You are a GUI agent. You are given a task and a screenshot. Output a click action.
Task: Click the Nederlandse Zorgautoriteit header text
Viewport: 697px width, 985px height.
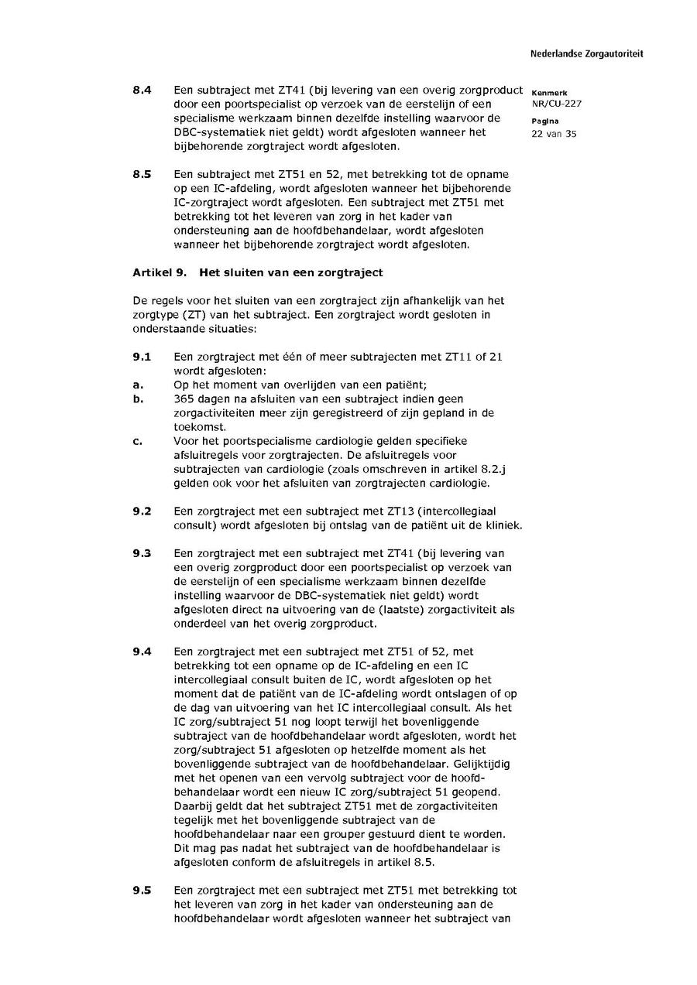pos(586,54)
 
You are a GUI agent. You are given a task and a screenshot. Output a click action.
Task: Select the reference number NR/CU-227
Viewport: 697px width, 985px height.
pos(557,104)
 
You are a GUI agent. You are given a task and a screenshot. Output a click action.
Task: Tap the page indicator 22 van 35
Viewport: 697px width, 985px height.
pos(554,133)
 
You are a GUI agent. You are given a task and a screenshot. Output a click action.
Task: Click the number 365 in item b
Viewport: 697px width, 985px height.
pos(185,399)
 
